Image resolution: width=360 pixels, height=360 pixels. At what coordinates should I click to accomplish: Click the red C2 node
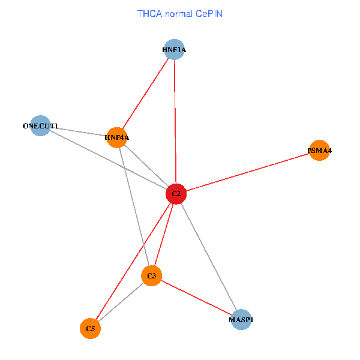[x=176, y=194]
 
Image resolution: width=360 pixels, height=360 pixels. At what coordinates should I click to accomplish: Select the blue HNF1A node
[x=174, y=50]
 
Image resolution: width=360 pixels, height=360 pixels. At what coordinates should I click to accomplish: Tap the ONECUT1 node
[x=40, y=126]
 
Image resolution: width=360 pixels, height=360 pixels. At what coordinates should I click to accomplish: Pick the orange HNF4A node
[x=117, y=137]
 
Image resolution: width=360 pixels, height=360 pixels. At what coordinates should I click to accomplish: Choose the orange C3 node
[x=152, y=276]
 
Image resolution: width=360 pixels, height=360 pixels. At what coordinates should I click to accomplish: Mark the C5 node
[x=91, y=329]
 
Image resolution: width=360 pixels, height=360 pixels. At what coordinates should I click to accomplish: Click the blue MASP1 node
[x=241, y=320]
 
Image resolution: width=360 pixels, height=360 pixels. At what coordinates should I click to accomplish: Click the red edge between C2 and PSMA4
[x=247, y=172]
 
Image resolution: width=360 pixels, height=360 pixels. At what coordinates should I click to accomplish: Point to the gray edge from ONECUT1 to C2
[x=108, y=160]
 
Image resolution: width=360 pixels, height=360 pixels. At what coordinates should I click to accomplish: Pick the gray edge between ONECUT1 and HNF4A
[x=78, y=131]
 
